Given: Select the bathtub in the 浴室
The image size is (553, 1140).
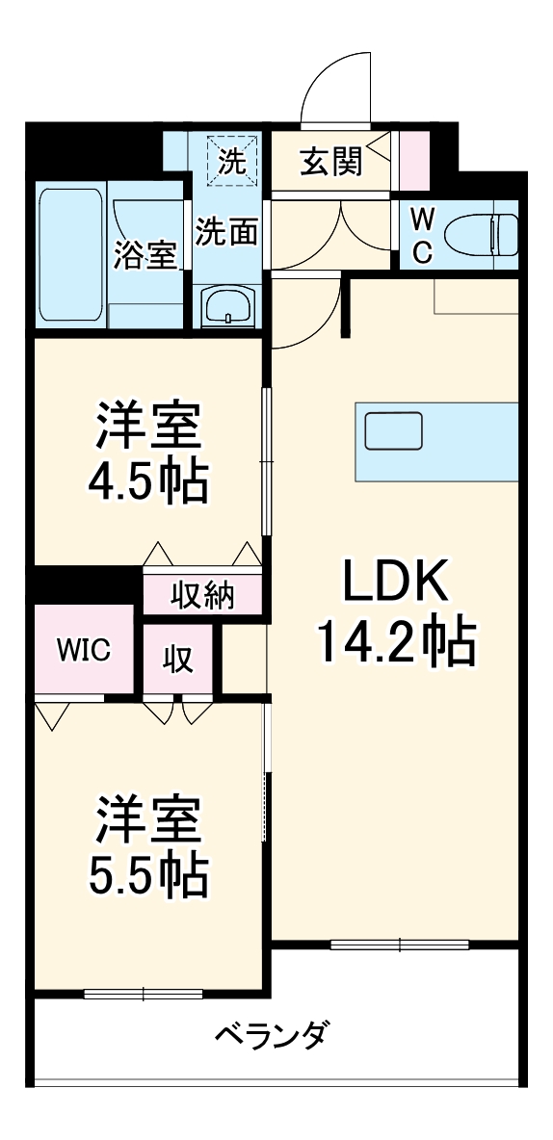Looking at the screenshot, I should click(70, 254).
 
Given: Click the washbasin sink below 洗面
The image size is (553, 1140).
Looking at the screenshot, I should click(227, 307).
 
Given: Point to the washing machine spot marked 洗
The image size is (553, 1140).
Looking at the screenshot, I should click(230, 160).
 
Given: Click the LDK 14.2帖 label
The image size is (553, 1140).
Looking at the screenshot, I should click(395, 612).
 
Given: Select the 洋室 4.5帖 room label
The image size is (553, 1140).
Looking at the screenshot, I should click(149, 453).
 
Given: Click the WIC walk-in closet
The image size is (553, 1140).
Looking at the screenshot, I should click(82, 649).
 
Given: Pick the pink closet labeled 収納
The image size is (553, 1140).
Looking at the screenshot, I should click(202, 595).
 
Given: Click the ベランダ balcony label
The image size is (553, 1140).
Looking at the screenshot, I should click(273, 1036).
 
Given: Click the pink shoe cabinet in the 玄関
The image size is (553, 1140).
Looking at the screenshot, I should click(414, 160).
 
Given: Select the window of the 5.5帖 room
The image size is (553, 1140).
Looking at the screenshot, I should click(143, 993).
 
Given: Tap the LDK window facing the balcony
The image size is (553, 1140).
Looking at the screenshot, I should click(400, 945).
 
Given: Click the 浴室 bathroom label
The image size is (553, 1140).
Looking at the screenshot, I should click(146, 255).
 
